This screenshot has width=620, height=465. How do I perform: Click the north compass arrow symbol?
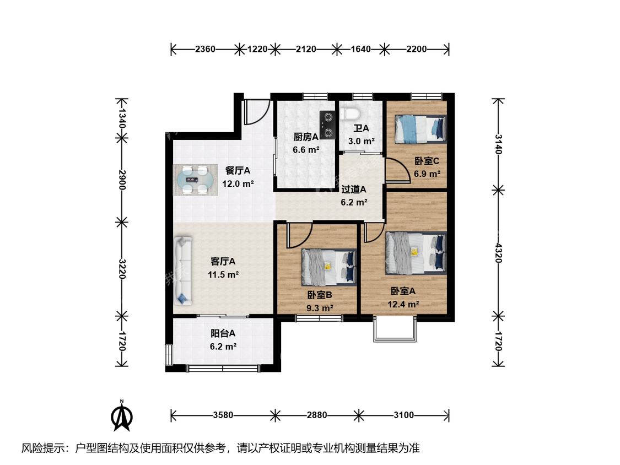click(122, 416)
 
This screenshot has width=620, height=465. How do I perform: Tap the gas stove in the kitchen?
click(328, 125)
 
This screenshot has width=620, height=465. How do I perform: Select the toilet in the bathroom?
click(350, 113)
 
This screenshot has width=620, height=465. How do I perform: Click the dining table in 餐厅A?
click(195, 180)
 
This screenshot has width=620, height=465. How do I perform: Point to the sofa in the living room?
click(182, 271)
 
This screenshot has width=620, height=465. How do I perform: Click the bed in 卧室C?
click(420, 129)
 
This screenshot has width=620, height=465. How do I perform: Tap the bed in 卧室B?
click(329, 267)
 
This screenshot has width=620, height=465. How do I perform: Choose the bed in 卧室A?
click(416, 253)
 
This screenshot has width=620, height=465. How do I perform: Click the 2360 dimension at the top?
click(205, 50)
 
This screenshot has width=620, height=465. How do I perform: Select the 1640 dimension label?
click(360, 50)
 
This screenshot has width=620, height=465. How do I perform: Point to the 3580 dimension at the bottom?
click(223, 415)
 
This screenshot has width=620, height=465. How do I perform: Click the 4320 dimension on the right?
click(498, 253)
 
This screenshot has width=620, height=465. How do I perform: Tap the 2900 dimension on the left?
click(122, 180)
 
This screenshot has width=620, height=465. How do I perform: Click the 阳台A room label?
click(223, 333)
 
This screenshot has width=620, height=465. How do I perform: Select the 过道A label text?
click(354, 190)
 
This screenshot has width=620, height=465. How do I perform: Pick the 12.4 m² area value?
click(403, 304)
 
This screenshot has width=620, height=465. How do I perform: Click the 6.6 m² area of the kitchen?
click(306, 150)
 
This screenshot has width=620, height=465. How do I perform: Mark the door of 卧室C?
click(397, 170)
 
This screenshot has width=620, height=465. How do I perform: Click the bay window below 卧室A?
click(395, 328)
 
